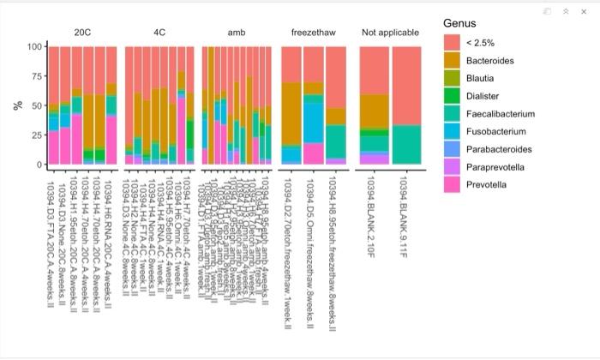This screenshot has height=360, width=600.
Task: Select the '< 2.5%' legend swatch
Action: coord(452,42)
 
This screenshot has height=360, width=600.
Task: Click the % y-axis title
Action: coord(16,105)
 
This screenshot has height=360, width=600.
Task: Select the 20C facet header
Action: coord(81,33)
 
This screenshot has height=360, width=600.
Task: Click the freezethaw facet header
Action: coord(314,33)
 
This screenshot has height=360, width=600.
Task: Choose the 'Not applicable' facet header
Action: coord(390,33)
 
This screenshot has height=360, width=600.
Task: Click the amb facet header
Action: coord(236,33)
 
